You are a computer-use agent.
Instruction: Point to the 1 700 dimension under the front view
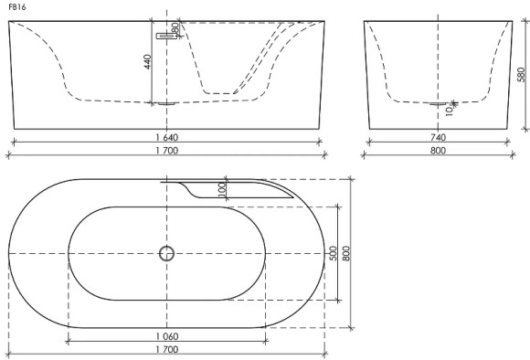tap(166, 151)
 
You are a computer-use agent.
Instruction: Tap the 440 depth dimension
tap(147, 63)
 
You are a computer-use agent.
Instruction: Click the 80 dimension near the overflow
tap(174, 28)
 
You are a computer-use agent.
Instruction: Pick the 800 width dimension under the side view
tap(439, 151)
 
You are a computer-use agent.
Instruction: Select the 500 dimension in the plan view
tap(334, 253)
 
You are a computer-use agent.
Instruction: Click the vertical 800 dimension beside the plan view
tap(346, 253)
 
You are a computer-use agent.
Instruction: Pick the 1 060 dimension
tap(167, 336)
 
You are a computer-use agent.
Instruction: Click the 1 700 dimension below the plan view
tap(167, 350)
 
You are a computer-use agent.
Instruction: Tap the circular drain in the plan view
tap(166, 253)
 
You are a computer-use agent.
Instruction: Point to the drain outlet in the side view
tap(440, 104)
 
